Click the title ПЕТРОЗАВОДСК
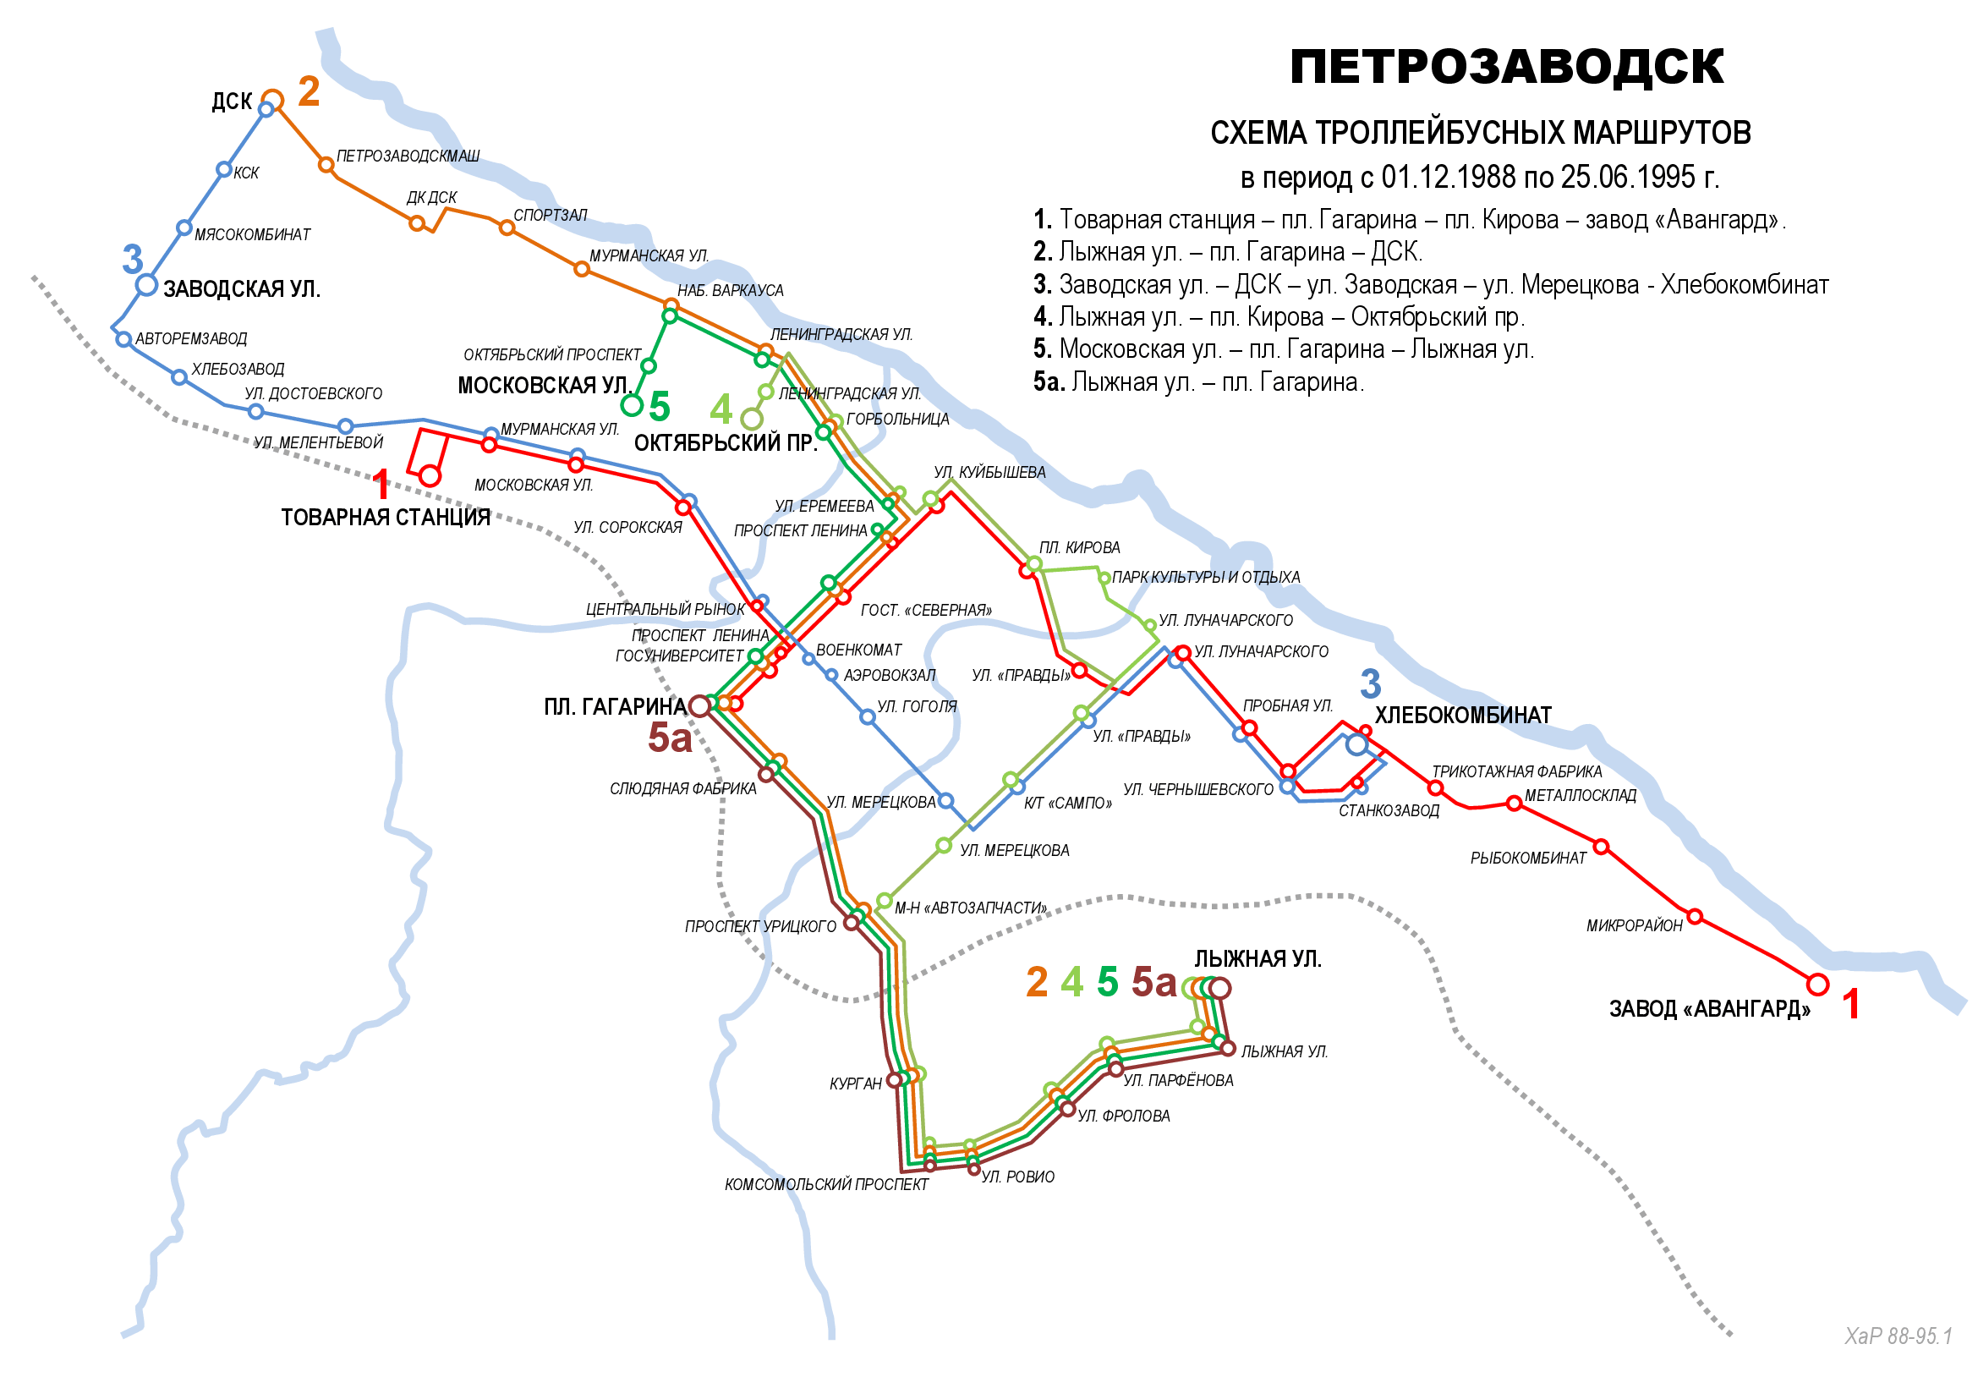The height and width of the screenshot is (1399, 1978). pos(1506,67)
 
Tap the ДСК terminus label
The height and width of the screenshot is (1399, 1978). pos(232,101)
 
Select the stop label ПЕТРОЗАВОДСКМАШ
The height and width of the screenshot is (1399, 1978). pos(408,156)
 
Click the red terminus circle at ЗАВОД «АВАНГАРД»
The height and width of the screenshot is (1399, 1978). pos(1818,984)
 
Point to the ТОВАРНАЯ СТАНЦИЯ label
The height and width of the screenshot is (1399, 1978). pos(385,517)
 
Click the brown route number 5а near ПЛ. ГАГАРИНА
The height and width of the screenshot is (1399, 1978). pos(670,738)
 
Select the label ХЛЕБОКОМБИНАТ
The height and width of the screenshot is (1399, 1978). pos(1463,715)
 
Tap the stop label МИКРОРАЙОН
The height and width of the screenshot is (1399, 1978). pos(1634,926)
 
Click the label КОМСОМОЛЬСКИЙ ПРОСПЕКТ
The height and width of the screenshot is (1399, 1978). pos(826,1184)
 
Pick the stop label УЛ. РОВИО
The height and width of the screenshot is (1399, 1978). pos(1017,1177)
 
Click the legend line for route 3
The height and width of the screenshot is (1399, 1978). pos(1430,284)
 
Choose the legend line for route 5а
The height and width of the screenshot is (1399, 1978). pos(1197,381)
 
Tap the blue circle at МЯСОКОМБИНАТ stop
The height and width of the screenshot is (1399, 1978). pos(184,228)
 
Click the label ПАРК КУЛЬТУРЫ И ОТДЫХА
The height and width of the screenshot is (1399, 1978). pos(1205,577)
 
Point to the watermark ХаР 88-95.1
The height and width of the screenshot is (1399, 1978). pos(1898,1336)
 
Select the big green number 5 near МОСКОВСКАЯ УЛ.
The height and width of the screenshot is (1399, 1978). pos(659,407)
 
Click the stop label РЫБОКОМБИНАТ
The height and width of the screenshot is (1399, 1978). pos(1527,858)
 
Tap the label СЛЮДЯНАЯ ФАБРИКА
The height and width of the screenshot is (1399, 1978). pos(682,788)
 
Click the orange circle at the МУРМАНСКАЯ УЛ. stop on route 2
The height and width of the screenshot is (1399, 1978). pos(582,270)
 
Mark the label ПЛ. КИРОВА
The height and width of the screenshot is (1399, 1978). pos(1078,548)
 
